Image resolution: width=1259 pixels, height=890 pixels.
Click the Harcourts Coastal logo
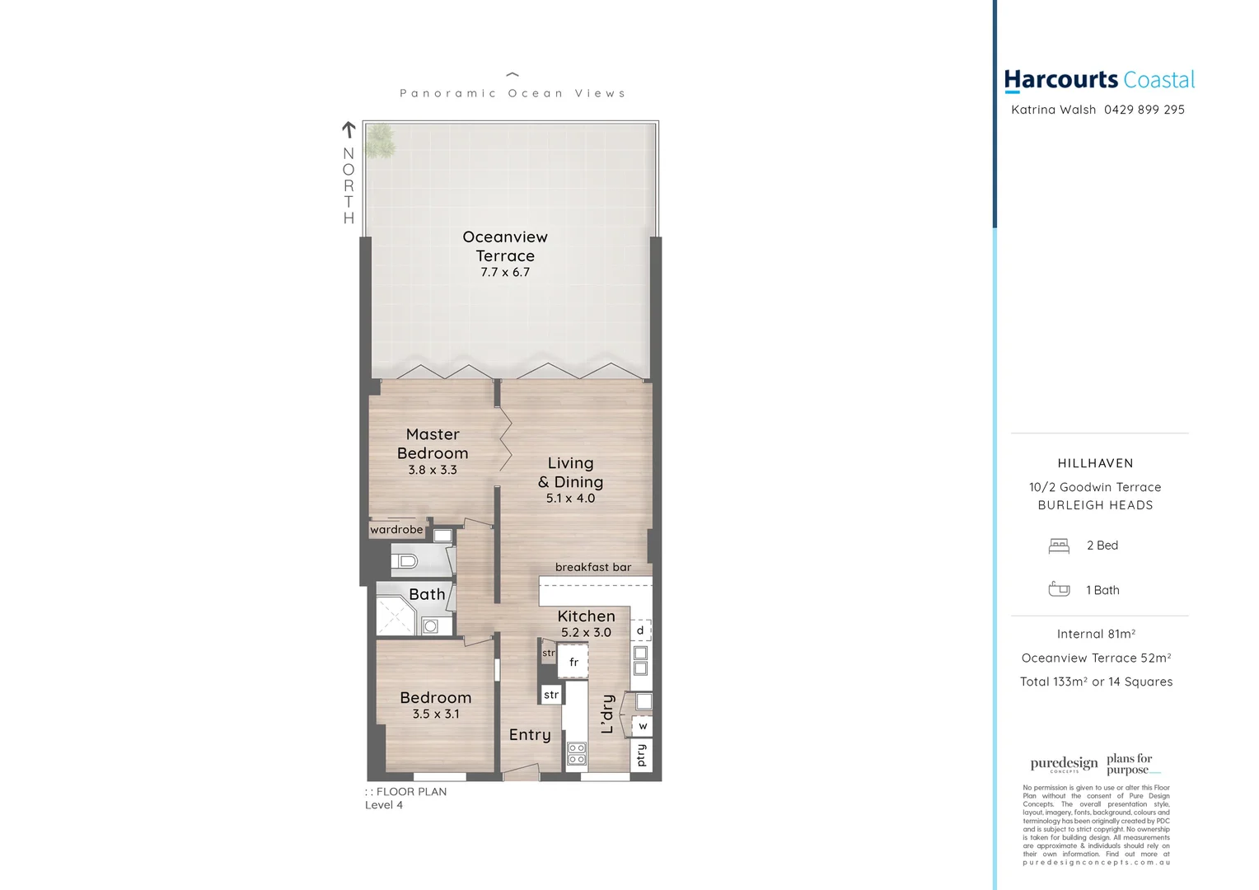tap(1098, 80)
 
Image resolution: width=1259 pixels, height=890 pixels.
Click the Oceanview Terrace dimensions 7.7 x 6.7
tap(505, 273)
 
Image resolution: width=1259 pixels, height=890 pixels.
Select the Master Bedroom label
tap(433, 443)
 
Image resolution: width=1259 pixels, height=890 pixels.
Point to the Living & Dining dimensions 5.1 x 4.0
tap(570, 499)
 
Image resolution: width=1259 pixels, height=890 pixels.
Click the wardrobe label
tap(396, 530)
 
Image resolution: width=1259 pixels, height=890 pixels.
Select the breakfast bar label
tap(592, 567)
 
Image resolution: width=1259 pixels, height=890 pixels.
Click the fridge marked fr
tap(573, 662)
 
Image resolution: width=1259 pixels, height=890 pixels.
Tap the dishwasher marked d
tap(640, 630)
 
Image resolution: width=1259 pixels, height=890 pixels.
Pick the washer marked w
tap(643, 726)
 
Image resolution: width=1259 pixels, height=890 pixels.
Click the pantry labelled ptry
tap(641, 755)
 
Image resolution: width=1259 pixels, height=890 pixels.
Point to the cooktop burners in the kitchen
tap(577, 753)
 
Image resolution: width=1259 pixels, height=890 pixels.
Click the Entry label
tap(529, 735)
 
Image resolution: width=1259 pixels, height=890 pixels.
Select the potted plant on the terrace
tap(380, 141)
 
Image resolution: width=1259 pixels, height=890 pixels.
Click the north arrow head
tap(349, 128)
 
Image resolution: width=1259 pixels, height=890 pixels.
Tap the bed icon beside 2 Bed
tap(1059, 546)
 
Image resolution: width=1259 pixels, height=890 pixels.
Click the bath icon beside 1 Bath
tap(1059, 589)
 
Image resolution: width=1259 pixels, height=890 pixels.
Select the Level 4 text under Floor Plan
tap(384, 805)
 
